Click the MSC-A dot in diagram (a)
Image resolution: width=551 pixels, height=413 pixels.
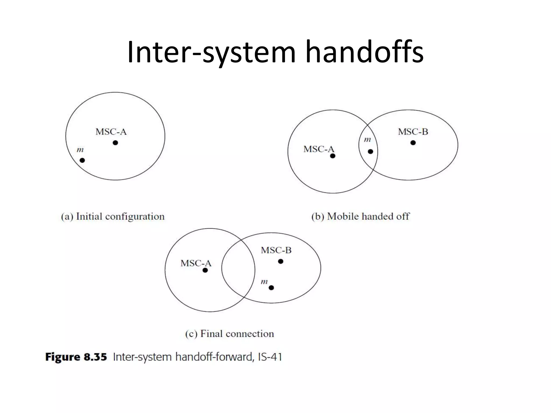[x=115, y=143]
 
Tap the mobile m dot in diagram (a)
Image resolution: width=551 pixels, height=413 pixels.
[x=82, y=160]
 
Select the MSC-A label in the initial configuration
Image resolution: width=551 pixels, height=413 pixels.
[x=111, y=132]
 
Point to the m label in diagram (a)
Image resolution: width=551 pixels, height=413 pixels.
[x=80, y=150]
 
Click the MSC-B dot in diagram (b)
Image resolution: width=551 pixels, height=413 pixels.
[x=413, y=143]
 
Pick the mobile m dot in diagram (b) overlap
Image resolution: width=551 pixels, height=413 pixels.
[x=370, y=152]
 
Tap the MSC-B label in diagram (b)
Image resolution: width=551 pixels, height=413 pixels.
[x=413, y=132]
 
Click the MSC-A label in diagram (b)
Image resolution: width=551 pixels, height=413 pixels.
[x=319, y=149]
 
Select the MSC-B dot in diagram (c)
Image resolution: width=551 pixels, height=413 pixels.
[x=281, y=261]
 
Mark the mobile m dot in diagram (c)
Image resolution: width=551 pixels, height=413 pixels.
[x=271, y=288]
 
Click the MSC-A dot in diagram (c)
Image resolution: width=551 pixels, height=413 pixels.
[x=205, y=270]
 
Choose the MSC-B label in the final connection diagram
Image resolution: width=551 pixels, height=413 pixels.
[x=276, y=250]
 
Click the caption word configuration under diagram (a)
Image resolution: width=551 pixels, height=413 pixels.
[x=135, y=217]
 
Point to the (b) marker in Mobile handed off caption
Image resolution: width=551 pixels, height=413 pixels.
[x=318, y=216]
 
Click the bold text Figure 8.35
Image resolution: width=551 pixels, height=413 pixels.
[x=76, y=357]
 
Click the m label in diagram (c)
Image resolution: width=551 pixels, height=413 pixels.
[x=264, y=282]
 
